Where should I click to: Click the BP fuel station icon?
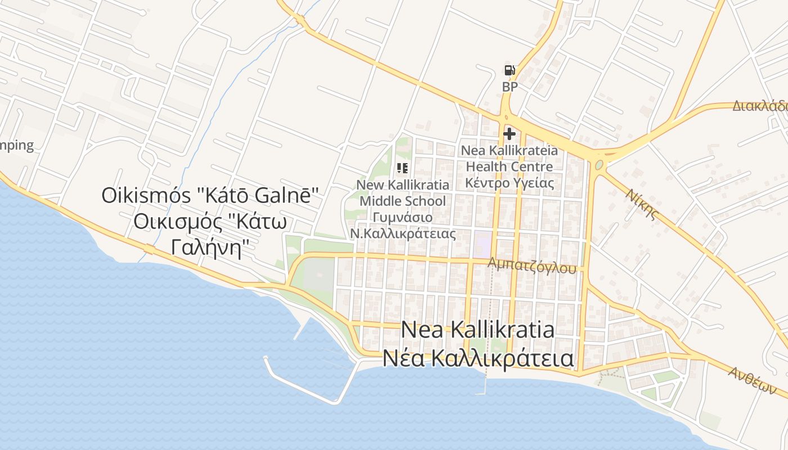(509, 70)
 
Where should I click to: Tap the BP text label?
(509, 87)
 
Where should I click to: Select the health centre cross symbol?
(509, 134)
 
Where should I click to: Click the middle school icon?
(402, 168)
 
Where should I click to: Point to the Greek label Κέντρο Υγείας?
(509, 183)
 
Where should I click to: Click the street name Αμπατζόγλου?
(532, 265)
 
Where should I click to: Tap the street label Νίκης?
(642, 203)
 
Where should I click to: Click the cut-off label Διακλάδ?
(760, 106)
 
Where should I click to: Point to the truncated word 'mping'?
(17, 145)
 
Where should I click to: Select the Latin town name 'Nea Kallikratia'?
(477, 330)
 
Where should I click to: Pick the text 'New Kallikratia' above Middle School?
(403, 184)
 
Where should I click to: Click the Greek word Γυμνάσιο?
(402, 217)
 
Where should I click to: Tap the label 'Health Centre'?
(509, 166)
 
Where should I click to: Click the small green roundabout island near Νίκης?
(599, 165)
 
